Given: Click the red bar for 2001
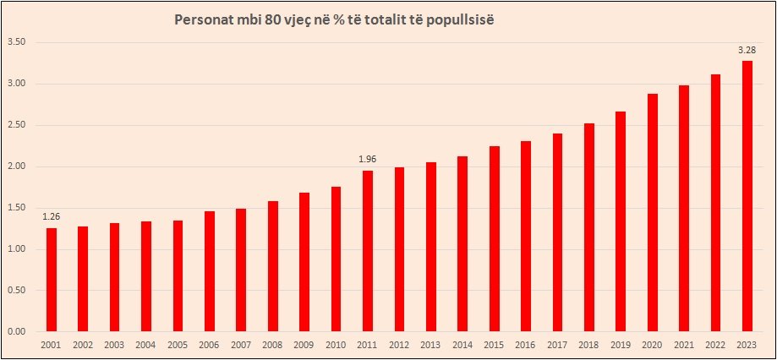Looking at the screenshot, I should coord(52,280).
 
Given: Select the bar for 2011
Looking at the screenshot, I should coord(368,251).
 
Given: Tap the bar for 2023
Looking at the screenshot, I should coord(747,196).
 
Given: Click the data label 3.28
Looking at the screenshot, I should coord(747,51).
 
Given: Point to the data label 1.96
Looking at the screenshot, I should coord(368,160).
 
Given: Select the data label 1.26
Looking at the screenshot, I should coord(52,217).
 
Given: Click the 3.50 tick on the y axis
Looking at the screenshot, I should coord(17,42).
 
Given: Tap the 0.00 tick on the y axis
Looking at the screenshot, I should coord(17,331).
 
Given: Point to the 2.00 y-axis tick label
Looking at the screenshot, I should coord(17,166).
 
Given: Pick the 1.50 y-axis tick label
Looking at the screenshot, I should coord(17,208).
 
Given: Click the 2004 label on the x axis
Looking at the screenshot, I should coord(146,345).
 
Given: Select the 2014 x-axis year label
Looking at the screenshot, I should coord(462,345).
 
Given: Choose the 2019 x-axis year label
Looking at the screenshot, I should coord(621,345).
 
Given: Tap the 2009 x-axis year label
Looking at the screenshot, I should coord(304,345).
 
